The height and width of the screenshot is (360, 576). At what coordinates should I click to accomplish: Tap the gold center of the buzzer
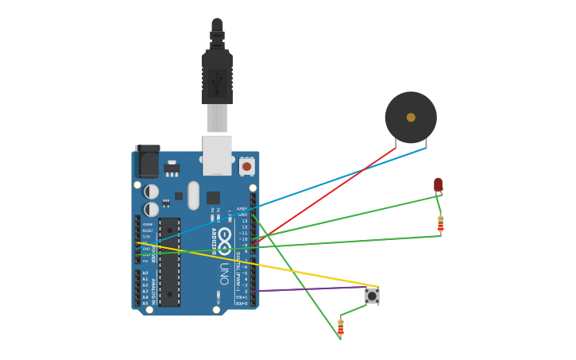(x=411, y=118)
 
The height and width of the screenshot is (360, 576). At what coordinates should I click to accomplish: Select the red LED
(x=438, y=184)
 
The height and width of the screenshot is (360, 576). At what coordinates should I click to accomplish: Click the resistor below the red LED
(x=440, y=224)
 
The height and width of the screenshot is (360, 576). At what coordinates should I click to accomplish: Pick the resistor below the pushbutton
(x=341, y=326)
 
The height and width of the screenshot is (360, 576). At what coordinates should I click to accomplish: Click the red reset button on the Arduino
(x=246, y=167)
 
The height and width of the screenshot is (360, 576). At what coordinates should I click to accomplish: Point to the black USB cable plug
(x=217, y=75)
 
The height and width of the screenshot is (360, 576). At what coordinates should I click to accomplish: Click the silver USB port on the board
(x=217, y=154)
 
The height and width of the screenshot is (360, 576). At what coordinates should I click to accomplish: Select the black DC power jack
(x=147, y=162)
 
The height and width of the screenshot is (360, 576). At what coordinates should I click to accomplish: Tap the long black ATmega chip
(x=169, y=262)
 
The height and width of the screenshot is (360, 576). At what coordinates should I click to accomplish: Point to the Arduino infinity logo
(x=225, y=238)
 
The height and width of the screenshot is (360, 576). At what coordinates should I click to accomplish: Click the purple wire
(x=310, y=289)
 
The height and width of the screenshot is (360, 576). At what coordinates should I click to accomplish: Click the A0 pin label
(x=145, y=273)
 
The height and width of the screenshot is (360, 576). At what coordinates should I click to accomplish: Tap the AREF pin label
(x=242, y=209)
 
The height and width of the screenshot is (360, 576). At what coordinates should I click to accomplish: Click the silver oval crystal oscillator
(x=193, y=195)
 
